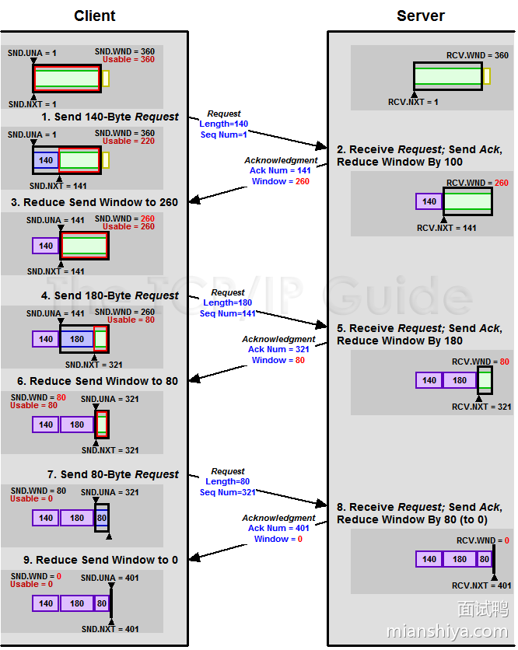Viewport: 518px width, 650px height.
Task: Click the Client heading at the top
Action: (x=95, y=16)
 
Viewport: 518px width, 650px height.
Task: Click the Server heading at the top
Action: (x=421, y=16)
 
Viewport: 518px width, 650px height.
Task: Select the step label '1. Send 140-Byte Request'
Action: (x=110, y=117)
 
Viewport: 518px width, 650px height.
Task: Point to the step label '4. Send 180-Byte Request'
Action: (x=110, y=295)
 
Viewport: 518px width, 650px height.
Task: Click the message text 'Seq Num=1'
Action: (x=223, y=135)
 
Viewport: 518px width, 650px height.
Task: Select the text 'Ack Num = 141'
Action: (x=280, y=170)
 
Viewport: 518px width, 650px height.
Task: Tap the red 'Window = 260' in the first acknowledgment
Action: (x=280, y=181)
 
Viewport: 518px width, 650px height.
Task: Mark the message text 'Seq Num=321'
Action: (x=227, y=492)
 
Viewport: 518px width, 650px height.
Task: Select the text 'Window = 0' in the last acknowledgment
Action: (x=278, y=539)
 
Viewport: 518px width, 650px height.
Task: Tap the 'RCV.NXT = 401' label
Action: (x=481, y=585)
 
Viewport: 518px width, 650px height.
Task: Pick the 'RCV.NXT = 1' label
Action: (x=413, y=102)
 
